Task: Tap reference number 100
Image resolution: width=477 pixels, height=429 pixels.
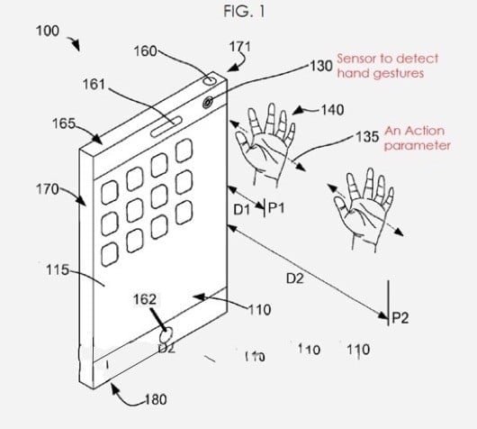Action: [x=47, y=31]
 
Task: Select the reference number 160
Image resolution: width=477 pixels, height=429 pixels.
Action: [x=145, y=52]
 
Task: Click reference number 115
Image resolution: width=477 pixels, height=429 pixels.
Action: [x=58, y=270]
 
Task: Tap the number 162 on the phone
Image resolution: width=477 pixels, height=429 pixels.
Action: [x=144, y=299]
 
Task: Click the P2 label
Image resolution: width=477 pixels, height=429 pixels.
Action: [x=400, y=316]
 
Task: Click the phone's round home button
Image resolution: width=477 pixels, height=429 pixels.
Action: [x=166, y=340]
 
